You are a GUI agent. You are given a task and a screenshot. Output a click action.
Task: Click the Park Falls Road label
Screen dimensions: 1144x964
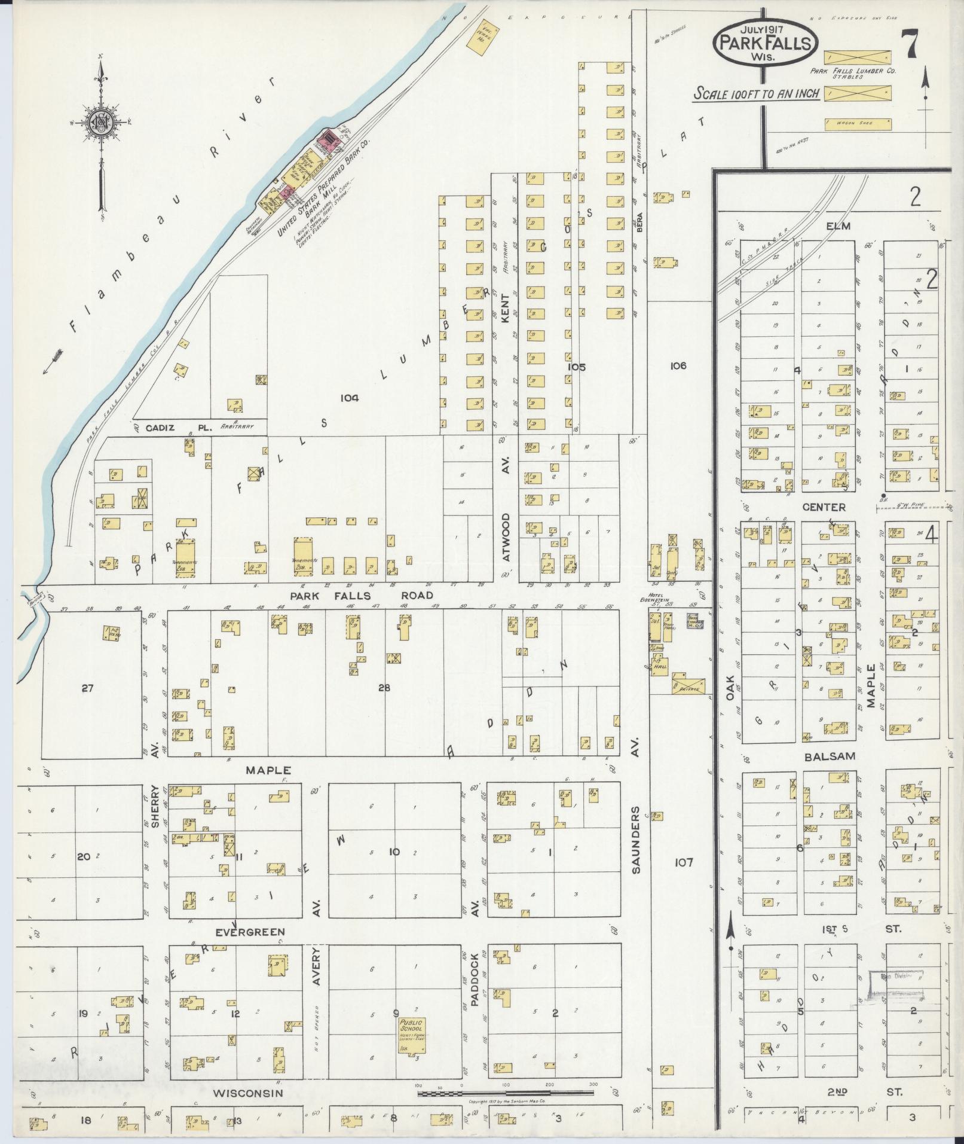361,596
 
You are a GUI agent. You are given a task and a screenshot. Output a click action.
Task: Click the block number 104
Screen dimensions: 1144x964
349,397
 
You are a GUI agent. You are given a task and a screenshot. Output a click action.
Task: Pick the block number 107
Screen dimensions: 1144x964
683,862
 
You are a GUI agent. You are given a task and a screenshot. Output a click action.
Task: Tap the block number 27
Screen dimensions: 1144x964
88,688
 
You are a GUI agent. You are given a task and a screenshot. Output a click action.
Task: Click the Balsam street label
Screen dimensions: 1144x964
830,756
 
